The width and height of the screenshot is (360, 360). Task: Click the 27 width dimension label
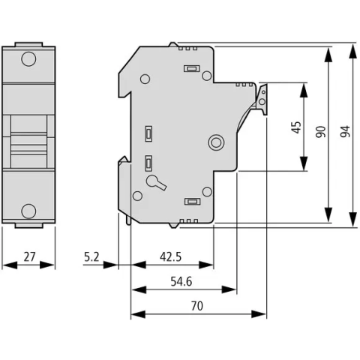point(29,256)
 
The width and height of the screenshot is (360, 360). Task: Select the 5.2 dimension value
point(91,256)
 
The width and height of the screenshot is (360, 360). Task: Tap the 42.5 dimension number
point(171,256)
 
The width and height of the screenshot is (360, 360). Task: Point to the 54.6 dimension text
point(181,281)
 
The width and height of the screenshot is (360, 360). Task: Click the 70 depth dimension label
point(197,306)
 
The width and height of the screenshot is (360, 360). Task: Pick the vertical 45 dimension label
point(296,127)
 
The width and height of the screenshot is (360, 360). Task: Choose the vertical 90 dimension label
point(321,132)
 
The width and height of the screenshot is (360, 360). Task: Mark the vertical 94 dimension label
point(345,131)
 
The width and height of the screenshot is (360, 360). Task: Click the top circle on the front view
point(28,59)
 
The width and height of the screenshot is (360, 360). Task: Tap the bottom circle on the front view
point(28,211)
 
